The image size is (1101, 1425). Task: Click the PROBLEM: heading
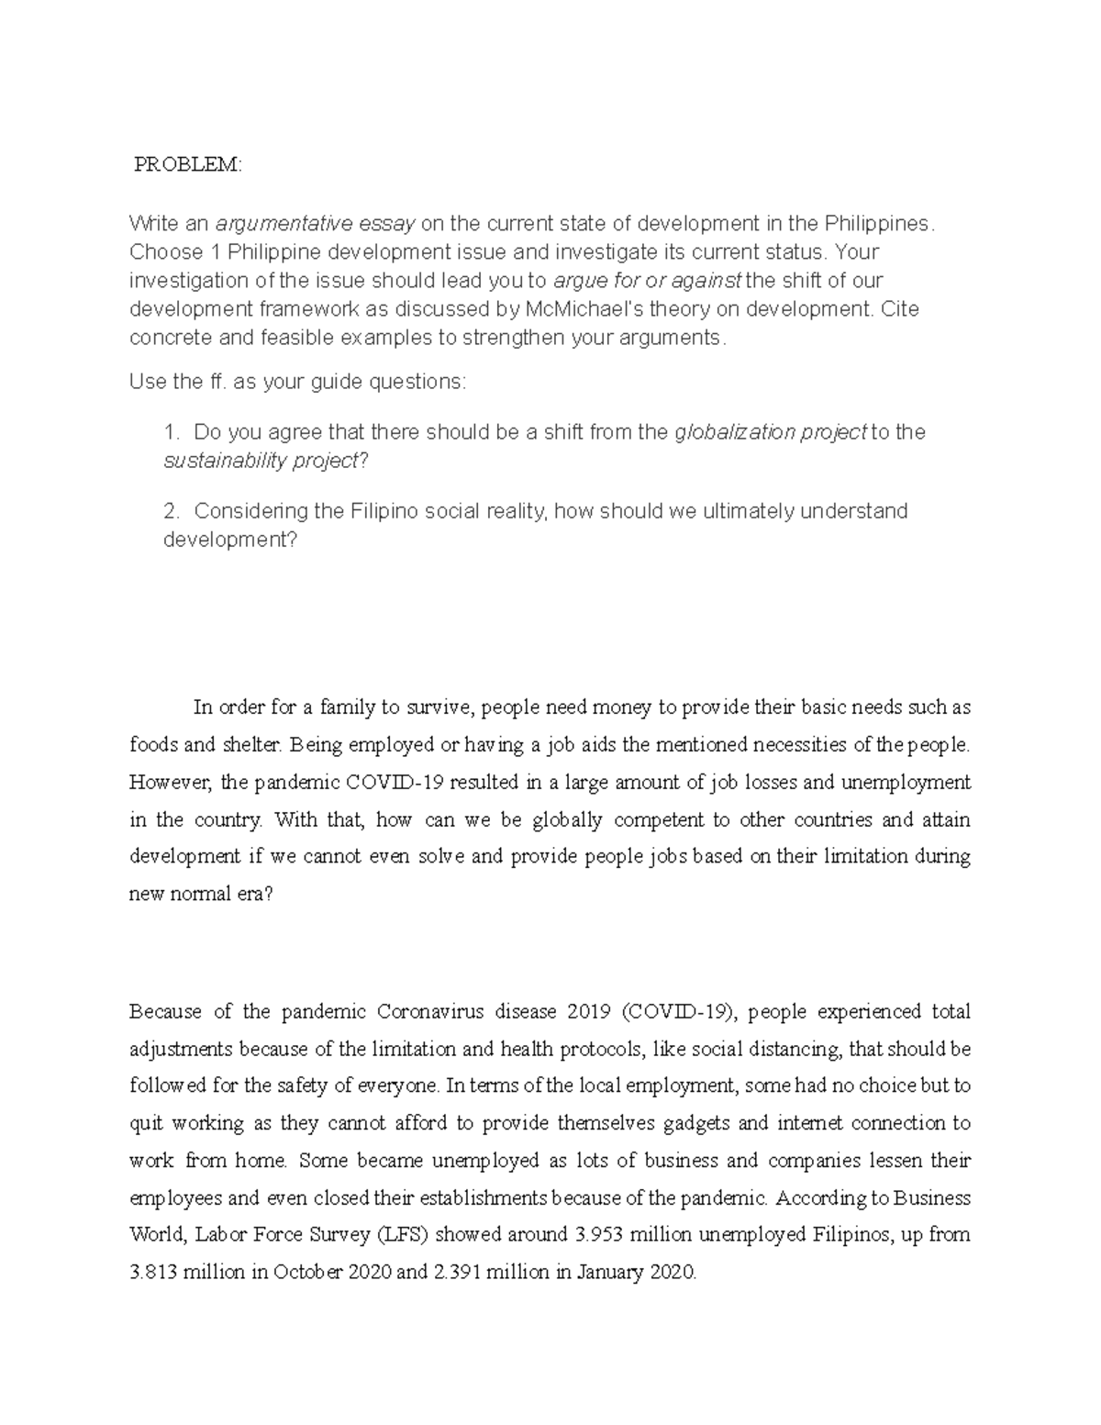pyautogui.click(x=188, y=165)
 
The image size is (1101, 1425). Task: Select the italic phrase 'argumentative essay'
pyautogui.click(x=316, y=223)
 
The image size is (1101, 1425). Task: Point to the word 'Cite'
pyautogui.click(x=900, y=309)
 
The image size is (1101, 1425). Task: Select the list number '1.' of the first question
pyautogui.click(x=172, y=432)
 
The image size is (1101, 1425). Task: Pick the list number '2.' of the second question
pyautogui.click(x=172, y=511)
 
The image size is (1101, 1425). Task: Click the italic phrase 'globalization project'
pyautogui.click(x=770, y=432)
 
